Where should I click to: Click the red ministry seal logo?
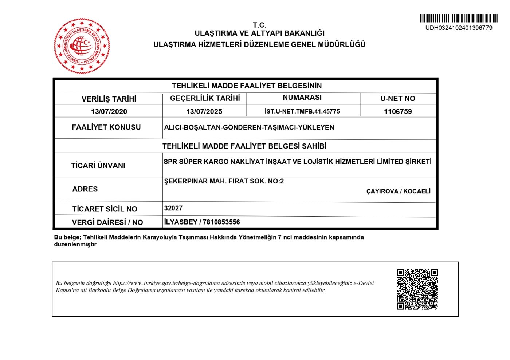(82, 46)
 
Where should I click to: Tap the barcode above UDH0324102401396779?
(458, 18)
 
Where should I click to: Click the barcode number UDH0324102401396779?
(459, 28)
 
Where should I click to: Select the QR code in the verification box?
(417, 289)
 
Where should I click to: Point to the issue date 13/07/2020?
(109, 112)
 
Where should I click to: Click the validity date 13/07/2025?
(204, 112)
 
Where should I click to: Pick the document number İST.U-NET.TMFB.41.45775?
(302, 111)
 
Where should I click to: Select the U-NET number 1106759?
(398, 112)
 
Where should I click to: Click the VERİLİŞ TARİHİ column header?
(109, 99)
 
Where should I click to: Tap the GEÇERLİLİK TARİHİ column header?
(205, 98)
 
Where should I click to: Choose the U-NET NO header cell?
(398, 99)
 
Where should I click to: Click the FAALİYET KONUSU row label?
(106, 127)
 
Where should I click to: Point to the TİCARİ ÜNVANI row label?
(98, 166)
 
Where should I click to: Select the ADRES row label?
(85, 189)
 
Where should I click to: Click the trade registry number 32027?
(173, 208)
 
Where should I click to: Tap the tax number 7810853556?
(221, 222)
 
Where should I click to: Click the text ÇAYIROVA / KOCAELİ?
(398, 191)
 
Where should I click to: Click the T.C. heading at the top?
(259, 25)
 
